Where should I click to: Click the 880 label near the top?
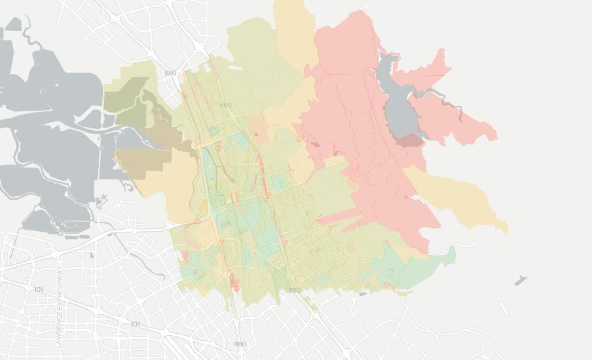click(x=171, y=73)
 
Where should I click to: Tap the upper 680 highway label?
click(x=226, y=105)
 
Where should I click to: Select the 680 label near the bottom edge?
click(x=295, y=290)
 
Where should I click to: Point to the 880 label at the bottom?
click(x=240, y=344)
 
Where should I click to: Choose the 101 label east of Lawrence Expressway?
click(x=135, y=324)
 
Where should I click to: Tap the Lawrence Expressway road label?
click(x=58, y=307)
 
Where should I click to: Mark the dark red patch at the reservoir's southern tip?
click(x=411, y=141)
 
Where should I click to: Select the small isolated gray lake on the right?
click(x=520, y=281)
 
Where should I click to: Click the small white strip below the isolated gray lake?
click(x=503, y=308)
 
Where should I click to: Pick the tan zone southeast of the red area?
click(x=458, y=196)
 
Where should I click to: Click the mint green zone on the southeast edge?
click(x=419, y=268)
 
